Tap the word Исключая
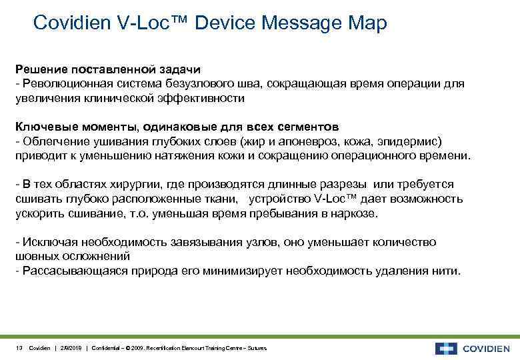[x=44, y=241]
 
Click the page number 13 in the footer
[x=19, y=348]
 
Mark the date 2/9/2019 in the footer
[x=70, y=348]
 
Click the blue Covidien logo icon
[x=445, y=348]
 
